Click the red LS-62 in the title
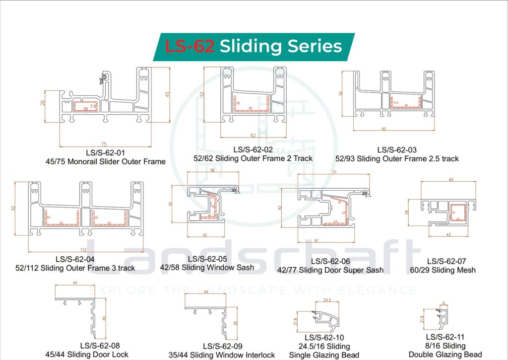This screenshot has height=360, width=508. click(190, 46)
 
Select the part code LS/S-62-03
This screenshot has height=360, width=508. click(397, 150)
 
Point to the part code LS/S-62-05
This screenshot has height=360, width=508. click(207, 259)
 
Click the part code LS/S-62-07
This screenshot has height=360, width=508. click(446, 261)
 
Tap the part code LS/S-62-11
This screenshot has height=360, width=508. click(445, 337)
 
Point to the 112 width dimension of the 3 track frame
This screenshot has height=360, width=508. click(83, 250)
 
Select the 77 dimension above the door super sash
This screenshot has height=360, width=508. click(334, 171)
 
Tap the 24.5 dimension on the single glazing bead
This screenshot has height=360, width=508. click(327, 300)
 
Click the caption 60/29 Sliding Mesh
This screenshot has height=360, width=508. click(445, 270)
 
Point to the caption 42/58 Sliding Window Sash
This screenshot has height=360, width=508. click(207, 267)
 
